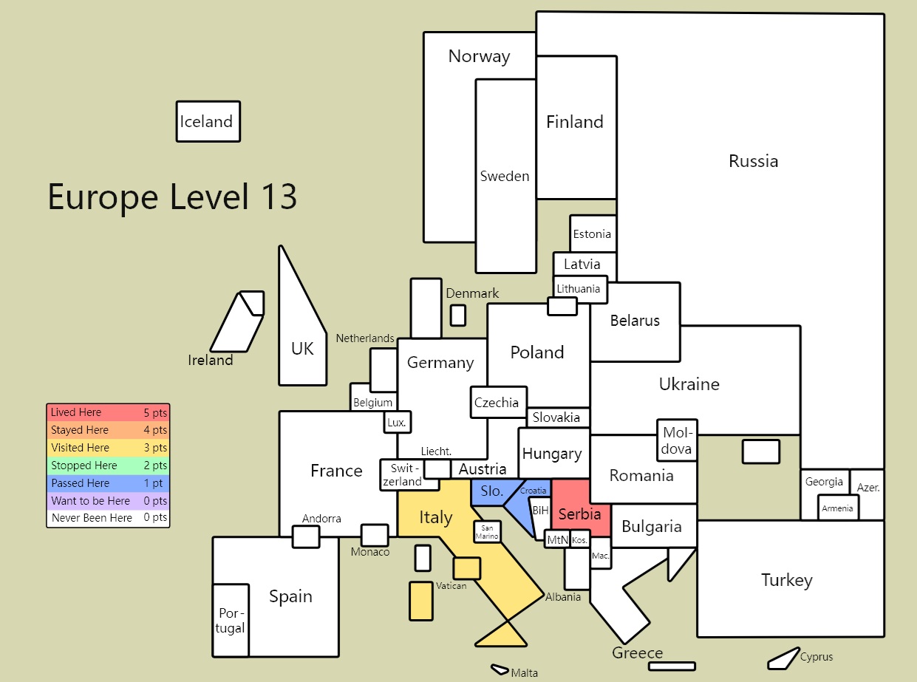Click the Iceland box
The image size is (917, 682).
(x=208, y=122)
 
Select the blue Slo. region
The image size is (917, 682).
(x=494, y=492)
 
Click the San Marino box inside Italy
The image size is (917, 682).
(x=487, y=532)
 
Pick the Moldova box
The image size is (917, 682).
(x=677, y=440)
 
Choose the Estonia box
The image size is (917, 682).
(x=593, y=233)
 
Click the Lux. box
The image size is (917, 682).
(x=398, y=422)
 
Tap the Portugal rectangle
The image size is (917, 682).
(x=231, y=621)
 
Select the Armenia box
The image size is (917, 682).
(x=838, y=508)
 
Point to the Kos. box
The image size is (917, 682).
(x=580, y=540)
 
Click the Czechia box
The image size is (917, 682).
(x=499, y=403)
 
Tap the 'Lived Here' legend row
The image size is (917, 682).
(x=109, y=412)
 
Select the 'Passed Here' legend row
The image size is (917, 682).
(x=109, y=483)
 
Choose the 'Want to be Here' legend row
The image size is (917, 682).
(x=109, y=500)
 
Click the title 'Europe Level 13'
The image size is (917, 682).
(x=172, y=197)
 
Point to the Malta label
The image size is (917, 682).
(x=524, y=673)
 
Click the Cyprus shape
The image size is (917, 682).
(x=783, y=659)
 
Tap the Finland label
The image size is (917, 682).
(x=575, y=122)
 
